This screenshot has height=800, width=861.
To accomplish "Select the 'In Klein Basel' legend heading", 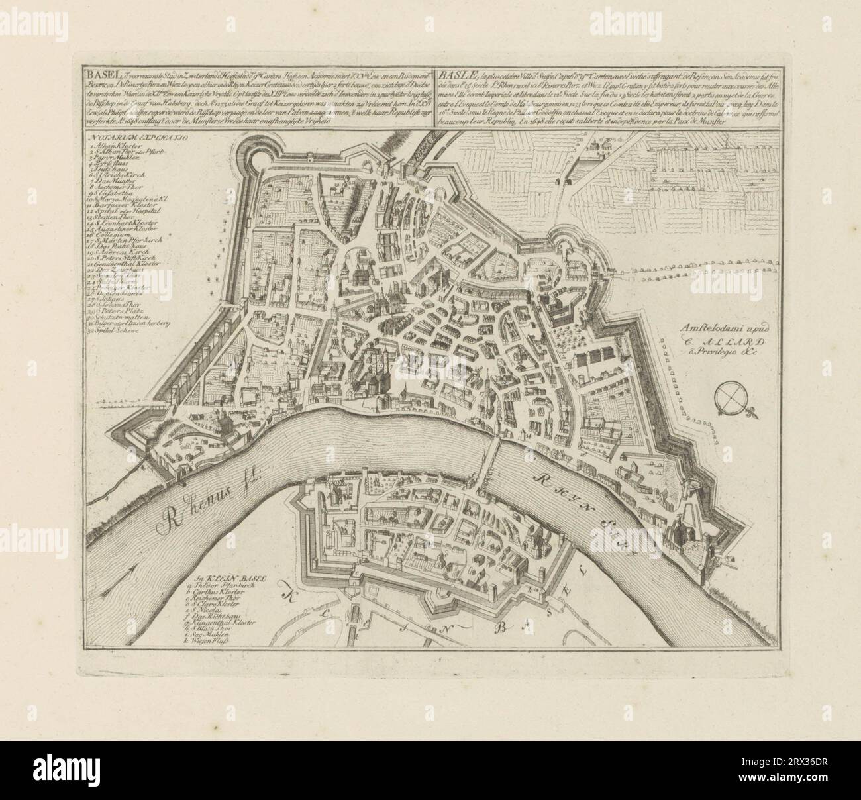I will pos(225,578).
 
